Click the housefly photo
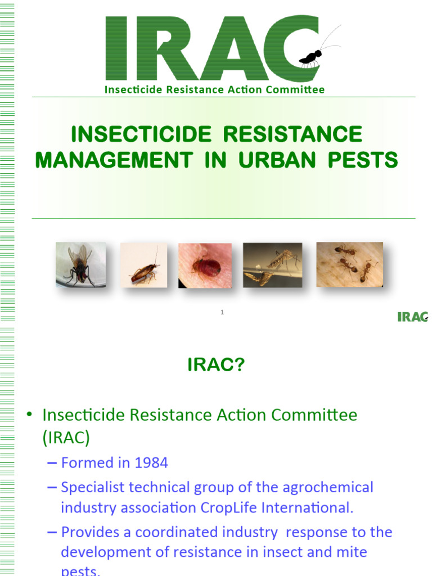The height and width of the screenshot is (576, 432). [x=80, y=264]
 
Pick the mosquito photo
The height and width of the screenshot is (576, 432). [x=272, y=264]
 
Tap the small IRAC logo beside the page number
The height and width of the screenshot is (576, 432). [x=412, y=317]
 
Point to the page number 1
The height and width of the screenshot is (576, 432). [x=222, y=312]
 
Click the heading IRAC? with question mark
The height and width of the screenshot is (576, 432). [x=216, y=366]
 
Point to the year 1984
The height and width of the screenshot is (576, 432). [x=151, y=463]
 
